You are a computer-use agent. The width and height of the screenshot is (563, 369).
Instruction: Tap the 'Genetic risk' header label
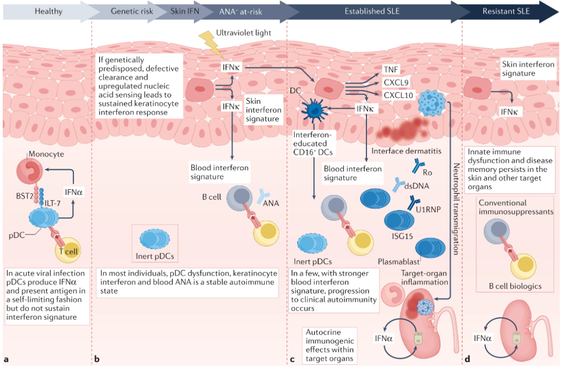132,11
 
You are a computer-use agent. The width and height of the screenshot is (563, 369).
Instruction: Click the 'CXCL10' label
398,95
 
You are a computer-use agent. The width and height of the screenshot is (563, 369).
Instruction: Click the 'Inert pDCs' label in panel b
156,253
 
